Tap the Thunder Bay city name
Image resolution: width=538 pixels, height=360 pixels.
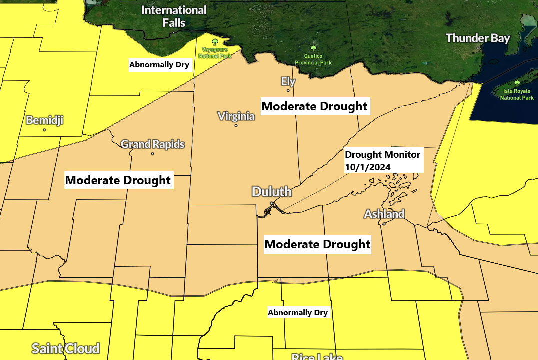tap(477, 38)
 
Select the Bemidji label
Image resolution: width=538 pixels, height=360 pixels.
tap(44, 120)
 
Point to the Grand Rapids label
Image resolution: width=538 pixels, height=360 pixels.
tap(153, 144)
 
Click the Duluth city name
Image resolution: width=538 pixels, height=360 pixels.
tap(271, 192)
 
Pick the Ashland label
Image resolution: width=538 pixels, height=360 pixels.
tap(384, 214)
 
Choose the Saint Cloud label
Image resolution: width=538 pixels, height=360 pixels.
tap(65, 348)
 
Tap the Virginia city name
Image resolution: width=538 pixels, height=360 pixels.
tap(236, 116)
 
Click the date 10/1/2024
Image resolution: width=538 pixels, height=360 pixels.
tap(368, 167)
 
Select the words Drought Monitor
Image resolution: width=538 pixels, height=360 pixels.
tap(383, 155)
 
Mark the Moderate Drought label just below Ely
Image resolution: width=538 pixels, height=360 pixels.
tap(314, 106)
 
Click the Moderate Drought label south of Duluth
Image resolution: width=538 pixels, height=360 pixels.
tap(317, 244)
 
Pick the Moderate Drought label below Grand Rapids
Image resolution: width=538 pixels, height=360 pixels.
tap(118, 180)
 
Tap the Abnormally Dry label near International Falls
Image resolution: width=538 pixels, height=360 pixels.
tap(159, 65)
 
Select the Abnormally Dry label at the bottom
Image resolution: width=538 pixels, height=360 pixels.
tap(298, 313)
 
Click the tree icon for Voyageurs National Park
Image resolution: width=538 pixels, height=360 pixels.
tap(215, 42)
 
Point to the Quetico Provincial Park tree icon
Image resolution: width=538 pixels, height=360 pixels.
tap(313, 48)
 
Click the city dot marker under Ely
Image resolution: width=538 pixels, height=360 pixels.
tap(288, 91)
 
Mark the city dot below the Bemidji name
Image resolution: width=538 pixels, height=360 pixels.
tap(44, 130)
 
